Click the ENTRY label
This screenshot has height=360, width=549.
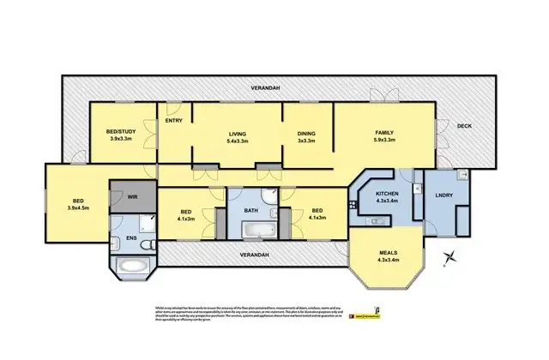coord(172,120)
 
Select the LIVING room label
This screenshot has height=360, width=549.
coord(238,133)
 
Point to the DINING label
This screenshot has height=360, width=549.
coord(306,133)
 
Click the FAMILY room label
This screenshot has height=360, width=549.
coord(383,132)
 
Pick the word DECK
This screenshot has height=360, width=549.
coord(464,127)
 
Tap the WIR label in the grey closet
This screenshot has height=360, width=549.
coord(133,197)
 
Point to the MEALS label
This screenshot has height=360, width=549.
coord(389,252)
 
